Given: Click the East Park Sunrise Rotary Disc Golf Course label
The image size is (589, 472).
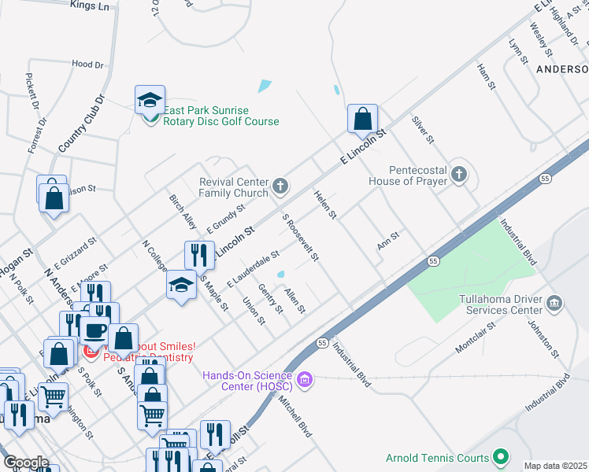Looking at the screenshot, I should point(220,116).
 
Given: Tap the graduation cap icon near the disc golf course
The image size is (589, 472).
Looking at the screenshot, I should point(150,100).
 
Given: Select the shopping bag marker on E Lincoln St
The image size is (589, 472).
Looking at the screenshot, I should point(362,120).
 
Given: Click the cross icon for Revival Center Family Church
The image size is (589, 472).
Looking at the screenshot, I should point(280,186).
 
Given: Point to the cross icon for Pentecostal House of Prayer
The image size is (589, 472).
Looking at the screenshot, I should point(459,175).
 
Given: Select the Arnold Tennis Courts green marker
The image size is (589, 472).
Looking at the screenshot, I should point(499,456).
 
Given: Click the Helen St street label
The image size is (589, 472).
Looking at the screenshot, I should point(325,205).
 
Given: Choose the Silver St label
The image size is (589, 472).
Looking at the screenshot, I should point(423,130).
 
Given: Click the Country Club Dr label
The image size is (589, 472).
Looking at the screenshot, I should point(81,124).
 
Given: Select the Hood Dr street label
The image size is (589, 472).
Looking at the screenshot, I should point(87,64).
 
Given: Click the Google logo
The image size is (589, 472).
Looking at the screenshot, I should point(26,463).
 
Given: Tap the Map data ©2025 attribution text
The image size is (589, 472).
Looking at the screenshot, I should point(555,466).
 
